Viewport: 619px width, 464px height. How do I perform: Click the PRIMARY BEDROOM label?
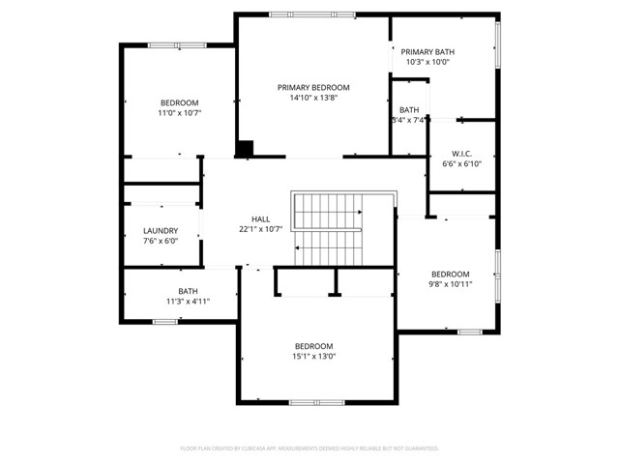point(312,87)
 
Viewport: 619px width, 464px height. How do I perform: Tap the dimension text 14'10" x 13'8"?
point(312,98)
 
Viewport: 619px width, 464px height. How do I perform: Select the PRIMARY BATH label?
point(427,51)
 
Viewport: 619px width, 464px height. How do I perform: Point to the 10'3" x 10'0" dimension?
point(427,62)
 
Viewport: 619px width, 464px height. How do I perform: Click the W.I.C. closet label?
point(461,154)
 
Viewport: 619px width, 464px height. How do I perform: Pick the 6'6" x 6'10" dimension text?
point(461,164)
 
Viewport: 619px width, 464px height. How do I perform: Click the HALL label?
point(260,218)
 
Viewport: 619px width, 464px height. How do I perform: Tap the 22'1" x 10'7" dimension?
point(260,229)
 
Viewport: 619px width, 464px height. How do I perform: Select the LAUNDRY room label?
point(161,230)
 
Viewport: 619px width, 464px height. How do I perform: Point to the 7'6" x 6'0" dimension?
point(161,241)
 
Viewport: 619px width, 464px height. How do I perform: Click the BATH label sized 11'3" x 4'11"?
point(188,291)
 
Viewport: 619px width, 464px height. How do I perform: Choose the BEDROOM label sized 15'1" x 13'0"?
point(313,346)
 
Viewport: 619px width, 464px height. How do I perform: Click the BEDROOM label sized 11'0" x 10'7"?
point(179,102)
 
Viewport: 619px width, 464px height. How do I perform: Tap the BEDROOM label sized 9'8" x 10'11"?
point(451,274)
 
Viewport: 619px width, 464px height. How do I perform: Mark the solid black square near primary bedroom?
point(246,148)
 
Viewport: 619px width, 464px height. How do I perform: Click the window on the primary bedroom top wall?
point(298,14)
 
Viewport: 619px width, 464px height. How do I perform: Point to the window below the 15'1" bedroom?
point(313,401)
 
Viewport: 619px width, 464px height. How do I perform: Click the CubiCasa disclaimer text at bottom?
point(309,449)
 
